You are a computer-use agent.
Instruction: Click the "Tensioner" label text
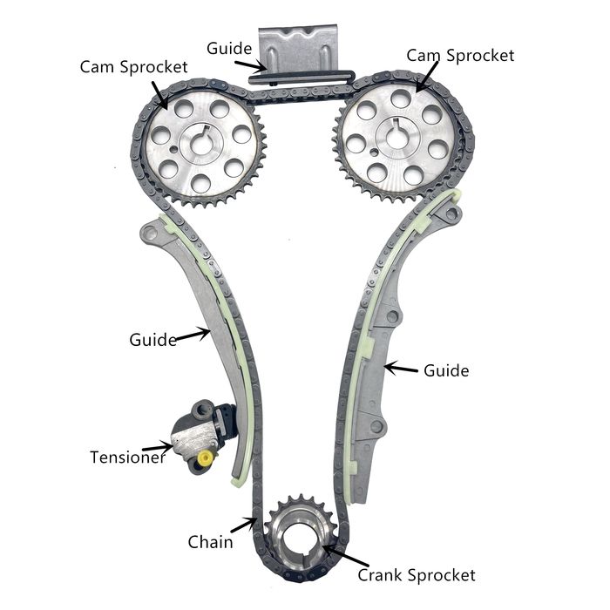127,456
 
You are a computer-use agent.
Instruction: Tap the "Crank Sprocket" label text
417,575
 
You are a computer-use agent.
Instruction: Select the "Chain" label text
210,542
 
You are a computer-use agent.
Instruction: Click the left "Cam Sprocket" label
133,67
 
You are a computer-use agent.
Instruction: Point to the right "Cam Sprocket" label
460,55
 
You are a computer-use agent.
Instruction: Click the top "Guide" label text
229,48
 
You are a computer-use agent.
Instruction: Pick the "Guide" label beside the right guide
446,370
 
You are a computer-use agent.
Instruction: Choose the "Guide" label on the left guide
152,338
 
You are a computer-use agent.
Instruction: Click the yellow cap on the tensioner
206,458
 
